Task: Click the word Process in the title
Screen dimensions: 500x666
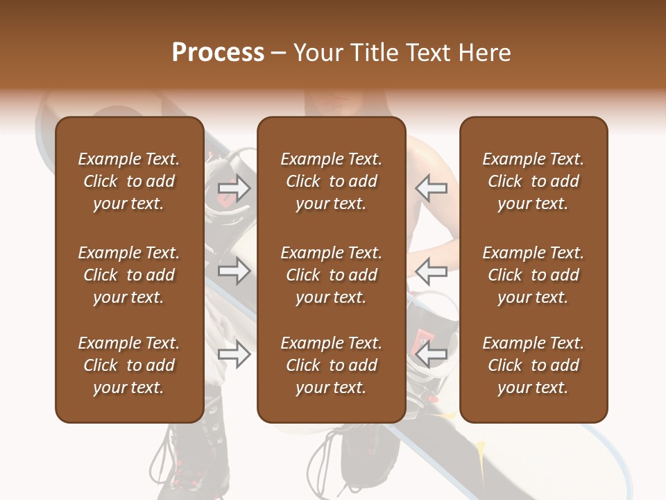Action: point(218,53)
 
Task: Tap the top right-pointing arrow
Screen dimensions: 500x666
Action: point(234,187)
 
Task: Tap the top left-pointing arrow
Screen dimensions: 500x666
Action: point(432,187)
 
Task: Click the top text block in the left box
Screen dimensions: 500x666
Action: point(129,181)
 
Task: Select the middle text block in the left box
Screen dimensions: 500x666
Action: point(129,275)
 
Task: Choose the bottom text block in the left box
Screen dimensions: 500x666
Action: point(129,365)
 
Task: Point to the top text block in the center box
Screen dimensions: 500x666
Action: point(331,181)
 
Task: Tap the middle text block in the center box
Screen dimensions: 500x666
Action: point(331,275)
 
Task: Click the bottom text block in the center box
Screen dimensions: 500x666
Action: point(331,365)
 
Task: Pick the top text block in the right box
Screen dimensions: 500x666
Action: point(533,181)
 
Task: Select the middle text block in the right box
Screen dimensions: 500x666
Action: point(533,275)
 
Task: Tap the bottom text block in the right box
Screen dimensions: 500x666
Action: point(533,365)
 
